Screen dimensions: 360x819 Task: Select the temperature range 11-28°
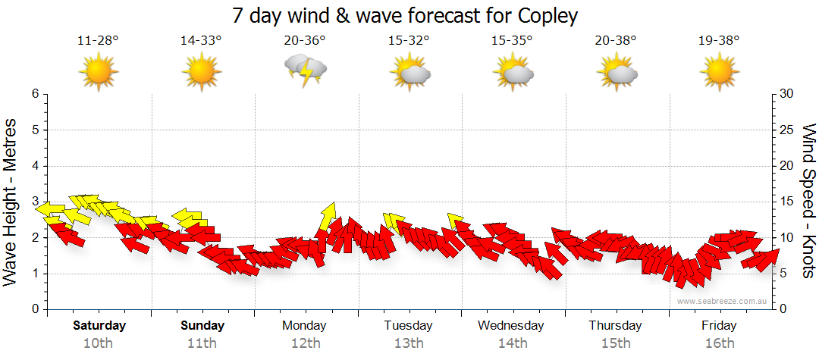click(x=98, y=40)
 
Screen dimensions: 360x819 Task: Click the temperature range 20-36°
click(x=305, y=40)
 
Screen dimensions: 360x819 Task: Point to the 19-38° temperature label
click(x=718, y=40)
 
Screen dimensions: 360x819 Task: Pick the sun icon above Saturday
click(x=99, y=72)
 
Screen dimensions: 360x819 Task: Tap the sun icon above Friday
click(x=719, y=72)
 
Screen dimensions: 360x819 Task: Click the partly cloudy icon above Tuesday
click(x=409, y=72)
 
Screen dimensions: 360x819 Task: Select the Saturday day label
click(x=99, y=326)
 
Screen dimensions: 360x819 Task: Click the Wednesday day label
click(x=511, y=326)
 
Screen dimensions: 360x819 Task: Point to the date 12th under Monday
click(x=305, y=343)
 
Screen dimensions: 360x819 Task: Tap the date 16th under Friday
click(x=719, y=343)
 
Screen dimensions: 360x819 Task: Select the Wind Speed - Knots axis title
click(x=808, y=202)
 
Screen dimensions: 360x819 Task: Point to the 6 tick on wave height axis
click(x=35, y=94)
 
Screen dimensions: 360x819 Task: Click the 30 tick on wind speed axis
click(x=789, y=94)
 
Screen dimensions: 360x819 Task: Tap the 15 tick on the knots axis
click(x=789, y=202)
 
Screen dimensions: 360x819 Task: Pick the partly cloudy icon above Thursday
click(x=616, y=72)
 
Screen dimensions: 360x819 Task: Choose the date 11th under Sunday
click(x=202, y=343)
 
